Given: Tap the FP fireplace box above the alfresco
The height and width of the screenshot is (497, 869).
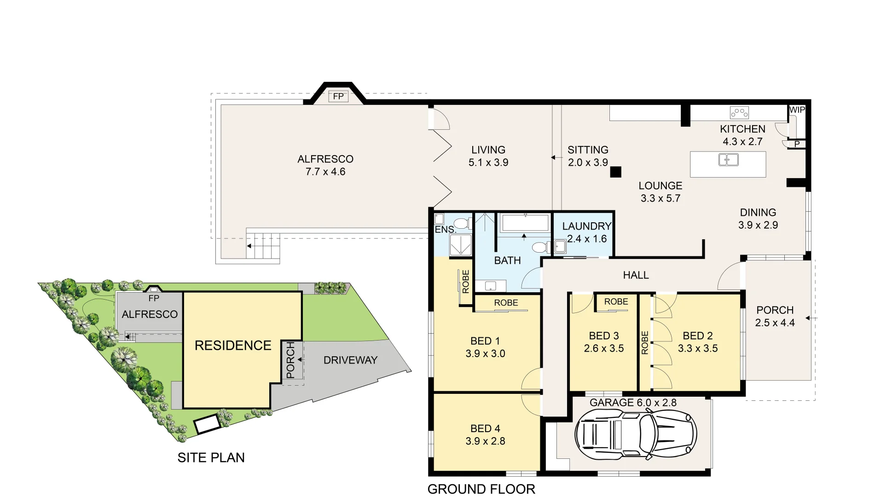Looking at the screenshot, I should coord(338,96).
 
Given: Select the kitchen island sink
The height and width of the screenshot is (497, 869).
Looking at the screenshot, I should coord(728,160).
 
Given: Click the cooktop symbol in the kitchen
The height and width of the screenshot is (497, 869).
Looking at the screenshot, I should coord(739,112).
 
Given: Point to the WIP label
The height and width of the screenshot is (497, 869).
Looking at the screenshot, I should coord(797,110).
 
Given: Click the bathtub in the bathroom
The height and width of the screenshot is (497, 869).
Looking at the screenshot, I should coord(525,223).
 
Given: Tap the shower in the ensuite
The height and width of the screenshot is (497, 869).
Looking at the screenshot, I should coord(460,245).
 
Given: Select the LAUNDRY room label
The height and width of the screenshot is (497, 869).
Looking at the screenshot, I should coord(586,226).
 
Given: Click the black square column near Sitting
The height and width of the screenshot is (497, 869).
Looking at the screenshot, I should coord(615,172).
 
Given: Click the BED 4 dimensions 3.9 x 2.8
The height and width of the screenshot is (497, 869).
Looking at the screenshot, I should coord(485,441).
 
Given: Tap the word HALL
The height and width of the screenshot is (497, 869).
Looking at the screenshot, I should coord(636,275).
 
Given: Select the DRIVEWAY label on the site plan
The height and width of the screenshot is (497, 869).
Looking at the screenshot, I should coord(350,360).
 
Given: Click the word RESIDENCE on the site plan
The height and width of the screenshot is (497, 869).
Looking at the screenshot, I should coord(233,346).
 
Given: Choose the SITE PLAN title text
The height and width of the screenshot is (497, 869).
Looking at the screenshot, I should coord(211,457).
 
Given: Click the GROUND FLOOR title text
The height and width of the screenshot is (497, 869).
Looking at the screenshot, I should coord(481,489).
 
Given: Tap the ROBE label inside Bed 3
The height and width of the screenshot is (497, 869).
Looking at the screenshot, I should coord(616,302).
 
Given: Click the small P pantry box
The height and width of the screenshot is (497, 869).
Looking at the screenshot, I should coord(797,144).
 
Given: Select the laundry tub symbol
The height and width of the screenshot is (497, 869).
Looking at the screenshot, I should coord(560,247).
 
